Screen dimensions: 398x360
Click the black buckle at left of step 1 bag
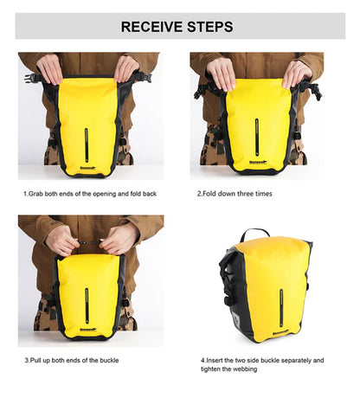[x=34, y=77]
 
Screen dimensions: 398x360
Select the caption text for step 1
[x=90, y=193]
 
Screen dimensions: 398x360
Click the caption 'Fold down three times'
[x=235, y=193]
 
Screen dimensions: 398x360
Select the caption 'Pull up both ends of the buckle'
[x=71, y=360]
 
